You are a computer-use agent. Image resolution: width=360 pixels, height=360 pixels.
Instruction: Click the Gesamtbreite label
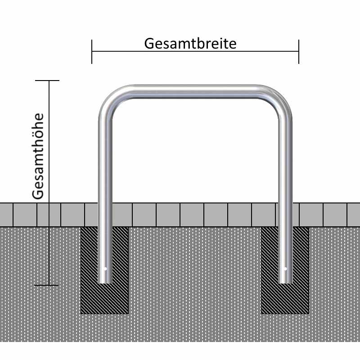190,44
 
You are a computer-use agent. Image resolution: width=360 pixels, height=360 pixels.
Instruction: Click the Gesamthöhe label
39,156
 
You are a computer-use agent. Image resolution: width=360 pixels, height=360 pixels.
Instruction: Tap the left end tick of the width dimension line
92,51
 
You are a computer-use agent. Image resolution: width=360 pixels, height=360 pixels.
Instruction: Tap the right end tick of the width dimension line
298,51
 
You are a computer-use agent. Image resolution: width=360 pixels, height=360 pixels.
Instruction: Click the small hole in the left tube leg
105,269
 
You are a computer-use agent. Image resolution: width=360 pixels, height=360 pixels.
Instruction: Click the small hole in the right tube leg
285,269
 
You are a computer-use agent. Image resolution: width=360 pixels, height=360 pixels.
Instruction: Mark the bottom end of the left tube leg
105,281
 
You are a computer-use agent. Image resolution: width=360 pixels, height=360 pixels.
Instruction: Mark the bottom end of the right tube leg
285,281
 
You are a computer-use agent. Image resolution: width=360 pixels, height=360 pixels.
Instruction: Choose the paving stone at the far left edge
6,215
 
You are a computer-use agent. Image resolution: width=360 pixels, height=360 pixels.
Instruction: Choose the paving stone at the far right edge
354,215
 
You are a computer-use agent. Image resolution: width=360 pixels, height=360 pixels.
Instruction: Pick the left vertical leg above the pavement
105,157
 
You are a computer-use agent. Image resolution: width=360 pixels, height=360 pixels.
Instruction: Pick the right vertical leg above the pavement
285,157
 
